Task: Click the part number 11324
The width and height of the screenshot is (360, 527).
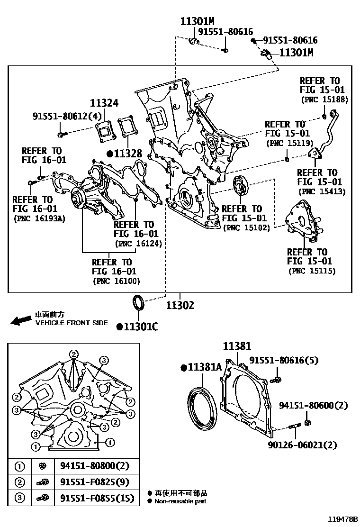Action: coord(104,103)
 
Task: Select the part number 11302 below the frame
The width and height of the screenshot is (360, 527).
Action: coord(180,306)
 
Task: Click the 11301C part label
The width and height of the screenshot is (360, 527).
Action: coord(141,326)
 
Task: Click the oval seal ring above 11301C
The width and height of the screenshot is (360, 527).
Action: coord(138,302)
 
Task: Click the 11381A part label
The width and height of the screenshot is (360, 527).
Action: coord(204,367)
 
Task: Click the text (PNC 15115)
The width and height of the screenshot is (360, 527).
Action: coord(312,271)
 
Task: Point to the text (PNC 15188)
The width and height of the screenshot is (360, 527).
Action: coord(324,100)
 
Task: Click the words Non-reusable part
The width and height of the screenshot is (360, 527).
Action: coord(180,501)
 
